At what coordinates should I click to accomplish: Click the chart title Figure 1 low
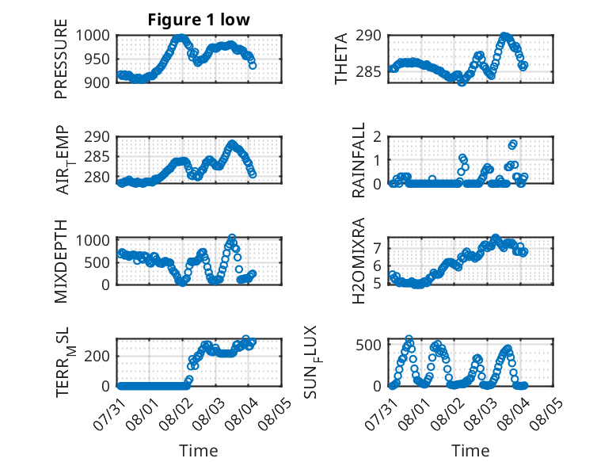coord(199,20)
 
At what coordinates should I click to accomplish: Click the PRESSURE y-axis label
coord(61,59)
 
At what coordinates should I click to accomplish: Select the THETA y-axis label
coord(341,59)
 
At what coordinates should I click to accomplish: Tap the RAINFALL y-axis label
coord(359,160)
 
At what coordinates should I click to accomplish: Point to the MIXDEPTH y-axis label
coord(61,261)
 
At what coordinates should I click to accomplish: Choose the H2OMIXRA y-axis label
coord(359,261)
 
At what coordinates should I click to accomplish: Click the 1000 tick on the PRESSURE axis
coord(93,36)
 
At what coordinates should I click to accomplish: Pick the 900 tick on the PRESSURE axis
coord(97,82)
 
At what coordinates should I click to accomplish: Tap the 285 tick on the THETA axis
coord(369,72)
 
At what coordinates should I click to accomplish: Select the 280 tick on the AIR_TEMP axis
coord(97,178)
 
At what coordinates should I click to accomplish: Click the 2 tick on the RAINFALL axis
coord(378,137)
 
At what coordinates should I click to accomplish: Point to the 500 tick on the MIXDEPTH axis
coord(97,262)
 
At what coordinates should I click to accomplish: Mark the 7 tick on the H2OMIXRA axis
coord(378,248)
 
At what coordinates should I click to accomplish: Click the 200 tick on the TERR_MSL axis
coord(97,357)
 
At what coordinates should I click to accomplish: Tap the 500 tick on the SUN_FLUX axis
coord(369,345)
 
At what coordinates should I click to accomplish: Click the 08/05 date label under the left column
coord(276,414)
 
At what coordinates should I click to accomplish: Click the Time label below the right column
coord(470,450)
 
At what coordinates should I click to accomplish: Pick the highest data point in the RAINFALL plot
coord(513,143)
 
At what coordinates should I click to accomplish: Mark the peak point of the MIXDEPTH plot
coord(232,238)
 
